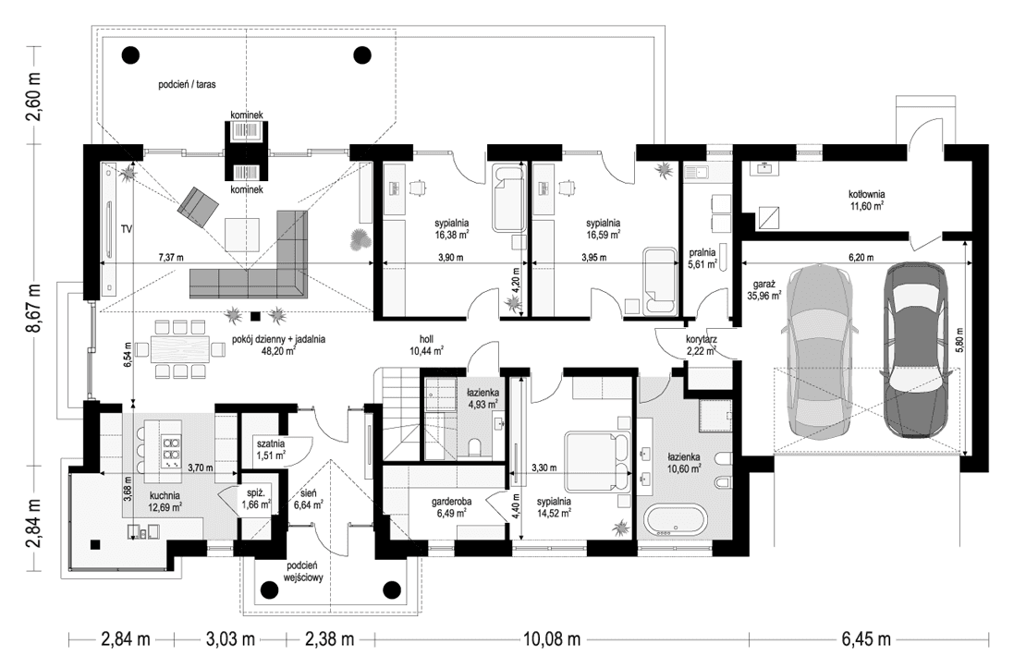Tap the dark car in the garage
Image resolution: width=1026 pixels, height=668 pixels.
tap(912, 351)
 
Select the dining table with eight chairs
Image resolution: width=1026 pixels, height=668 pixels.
tap(181, 348)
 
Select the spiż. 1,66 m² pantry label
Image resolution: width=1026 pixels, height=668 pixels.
tap(256, 498)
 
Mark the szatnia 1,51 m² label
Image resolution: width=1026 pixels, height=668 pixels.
tap(271, 448)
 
